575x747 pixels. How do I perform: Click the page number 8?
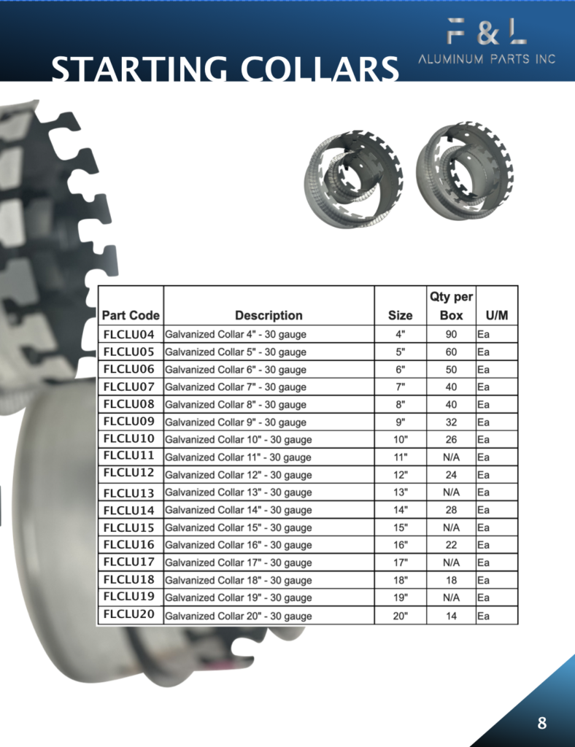(541, 723)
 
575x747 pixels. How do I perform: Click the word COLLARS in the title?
(320, 69)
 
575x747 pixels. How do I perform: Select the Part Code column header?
(131, 315)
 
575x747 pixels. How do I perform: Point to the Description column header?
(269, 315)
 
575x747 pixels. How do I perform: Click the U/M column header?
(497, 315)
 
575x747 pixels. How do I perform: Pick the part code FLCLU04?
(128, 334)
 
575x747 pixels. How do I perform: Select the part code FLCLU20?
(128, 614)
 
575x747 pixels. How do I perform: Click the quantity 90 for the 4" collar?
(451, 334)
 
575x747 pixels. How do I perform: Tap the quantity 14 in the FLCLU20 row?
(451, 616)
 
